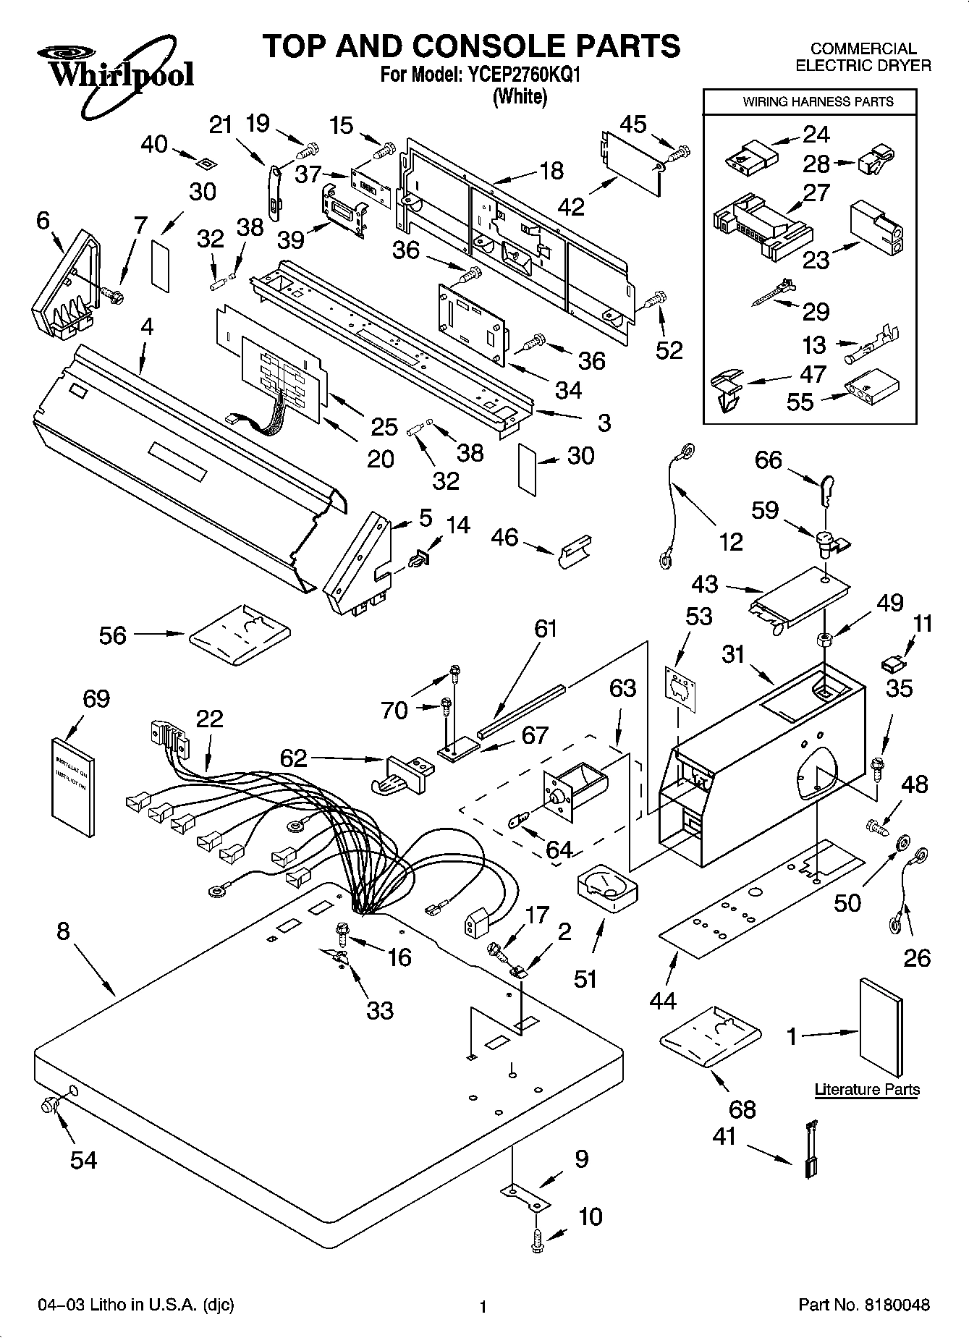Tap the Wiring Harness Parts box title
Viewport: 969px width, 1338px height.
tap(818, 102)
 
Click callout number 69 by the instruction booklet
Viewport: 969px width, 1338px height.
tap(96, 699)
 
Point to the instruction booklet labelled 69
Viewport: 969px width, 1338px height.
tap(74, 785)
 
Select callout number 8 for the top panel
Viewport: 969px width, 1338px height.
tap(63, 931)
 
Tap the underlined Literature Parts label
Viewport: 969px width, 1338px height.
tap(867, 1089)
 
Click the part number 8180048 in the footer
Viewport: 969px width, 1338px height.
tap(895, 1305)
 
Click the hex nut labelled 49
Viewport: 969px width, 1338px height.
tap(823, 639)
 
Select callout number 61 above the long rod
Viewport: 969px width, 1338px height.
tap(546, 628)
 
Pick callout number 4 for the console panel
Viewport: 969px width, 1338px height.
tap(147, 326)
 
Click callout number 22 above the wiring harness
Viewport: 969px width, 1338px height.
tap(209, 719)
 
